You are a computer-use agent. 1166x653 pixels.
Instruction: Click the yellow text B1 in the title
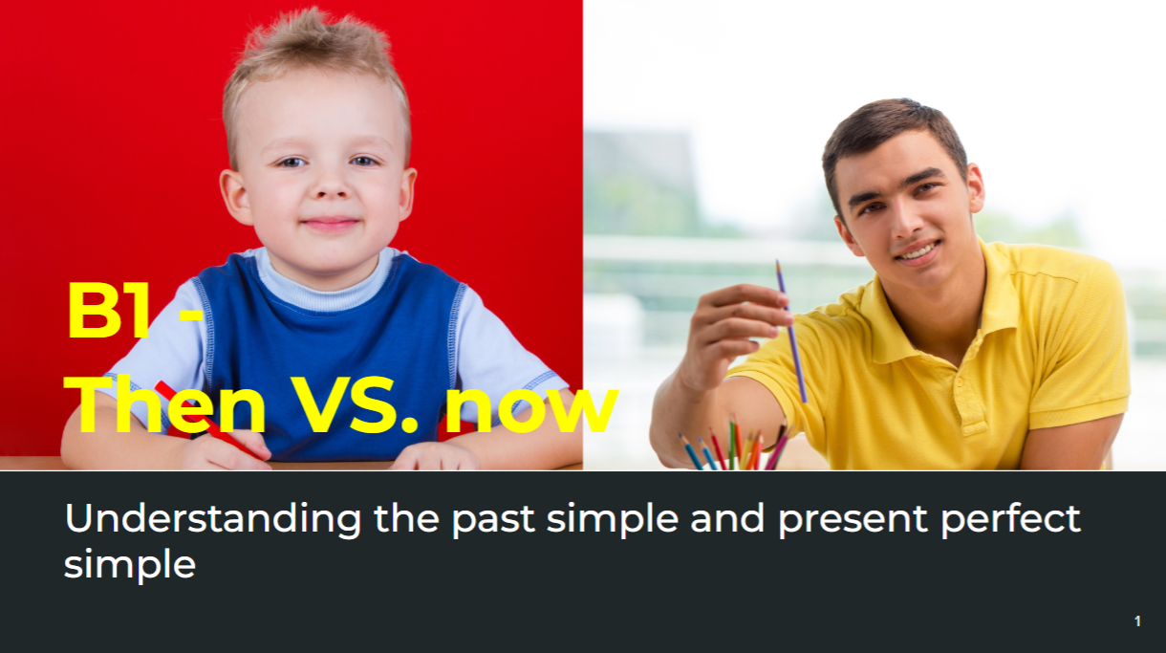[108, 311]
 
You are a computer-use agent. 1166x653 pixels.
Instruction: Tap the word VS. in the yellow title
[355, 405]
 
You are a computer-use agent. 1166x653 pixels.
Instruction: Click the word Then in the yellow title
[164, 404]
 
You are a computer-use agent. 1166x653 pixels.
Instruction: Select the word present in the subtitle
[853, 521]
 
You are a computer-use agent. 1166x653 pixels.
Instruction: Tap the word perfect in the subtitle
[1011, 518]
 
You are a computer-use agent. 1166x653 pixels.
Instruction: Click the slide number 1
[1137, 620]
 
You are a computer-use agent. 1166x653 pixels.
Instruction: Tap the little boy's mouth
[331, 224]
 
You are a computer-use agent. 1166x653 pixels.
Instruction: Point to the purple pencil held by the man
[791, 331]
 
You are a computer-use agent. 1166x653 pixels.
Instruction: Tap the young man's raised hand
[734, 334]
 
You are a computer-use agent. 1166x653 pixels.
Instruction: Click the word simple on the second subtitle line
[130, 565]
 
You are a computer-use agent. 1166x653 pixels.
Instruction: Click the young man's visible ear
[975, 188]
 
